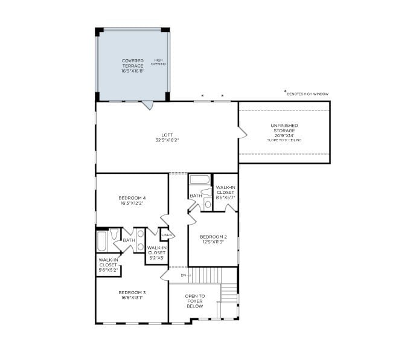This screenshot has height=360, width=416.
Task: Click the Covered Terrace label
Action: click(x=133, y=63)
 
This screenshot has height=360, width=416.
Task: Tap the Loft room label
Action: click(x=167, y=137)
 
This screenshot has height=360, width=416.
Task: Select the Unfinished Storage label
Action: click(x=284, y=128)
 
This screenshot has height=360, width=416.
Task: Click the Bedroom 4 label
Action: click(x=132, y=201)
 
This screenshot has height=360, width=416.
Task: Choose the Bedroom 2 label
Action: click(x=213, y=239)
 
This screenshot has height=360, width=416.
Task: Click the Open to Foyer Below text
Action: click(x=194, y=301)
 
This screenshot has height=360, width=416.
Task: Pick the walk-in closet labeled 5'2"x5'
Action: click(x=156, y=252)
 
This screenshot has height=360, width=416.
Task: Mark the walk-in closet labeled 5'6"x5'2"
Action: click(x=108, y=265)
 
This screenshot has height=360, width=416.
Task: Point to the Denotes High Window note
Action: click(x=307, y=94)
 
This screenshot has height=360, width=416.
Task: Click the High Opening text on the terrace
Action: click(x=159, y=62)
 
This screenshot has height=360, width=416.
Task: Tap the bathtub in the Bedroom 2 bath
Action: click(x=199, y=179)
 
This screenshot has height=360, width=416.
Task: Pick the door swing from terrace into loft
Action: click(x=147, y=105)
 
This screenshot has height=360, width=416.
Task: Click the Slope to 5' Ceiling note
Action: click(x=284, y=140)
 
